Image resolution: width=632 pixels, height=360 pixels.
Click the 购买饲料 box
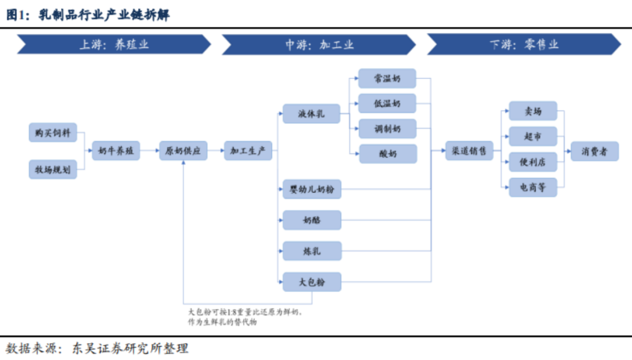(53, 133)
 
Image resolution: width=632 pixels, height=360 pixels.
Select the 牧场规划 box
(53, 169)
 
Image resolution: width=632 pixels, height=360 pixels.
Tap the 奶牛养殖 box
(116, 151)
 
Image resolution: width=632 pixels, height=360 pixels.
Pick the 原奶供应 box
(183, 151)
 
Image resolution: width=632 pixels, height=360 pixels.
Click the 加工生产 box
(248, 151)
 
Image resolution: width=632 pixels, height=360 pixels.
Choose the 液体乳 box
(311, 114)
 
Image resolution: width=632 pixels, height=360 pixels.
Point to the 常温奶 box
(387, 78)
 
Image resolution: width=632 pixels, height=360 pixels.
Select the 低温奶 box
(387, 104)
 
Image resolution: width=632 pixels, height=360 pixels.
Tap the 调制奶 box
(387, 129)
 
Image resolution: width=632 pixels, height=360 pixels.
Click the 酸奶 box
(388, 153)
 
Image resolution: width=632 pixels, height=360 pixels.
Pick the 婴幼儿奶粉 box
(312, 189)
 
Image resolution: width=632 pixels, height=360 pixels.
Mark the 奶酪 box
(312, 220)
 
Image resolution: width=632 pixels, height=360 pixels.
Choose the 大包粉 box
(312, 282)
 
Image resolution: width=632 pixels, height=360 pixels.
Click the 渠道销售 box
(469, 151)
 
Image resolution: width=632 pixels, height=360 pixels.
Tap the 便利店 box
(533, 162)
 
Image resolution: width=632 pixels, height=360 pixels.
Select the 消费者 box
(595, 151)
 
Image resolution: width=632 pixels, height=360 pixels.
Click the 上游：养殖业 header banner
(114, 44)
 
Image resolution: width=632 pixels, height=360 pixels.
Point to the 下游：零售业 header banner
(524, 44)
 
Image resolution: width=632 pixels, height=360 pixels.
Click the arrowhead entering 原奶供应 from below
(183, 163)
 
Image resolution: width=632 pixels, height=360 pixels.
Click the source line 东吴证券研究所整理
(130, 348)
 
